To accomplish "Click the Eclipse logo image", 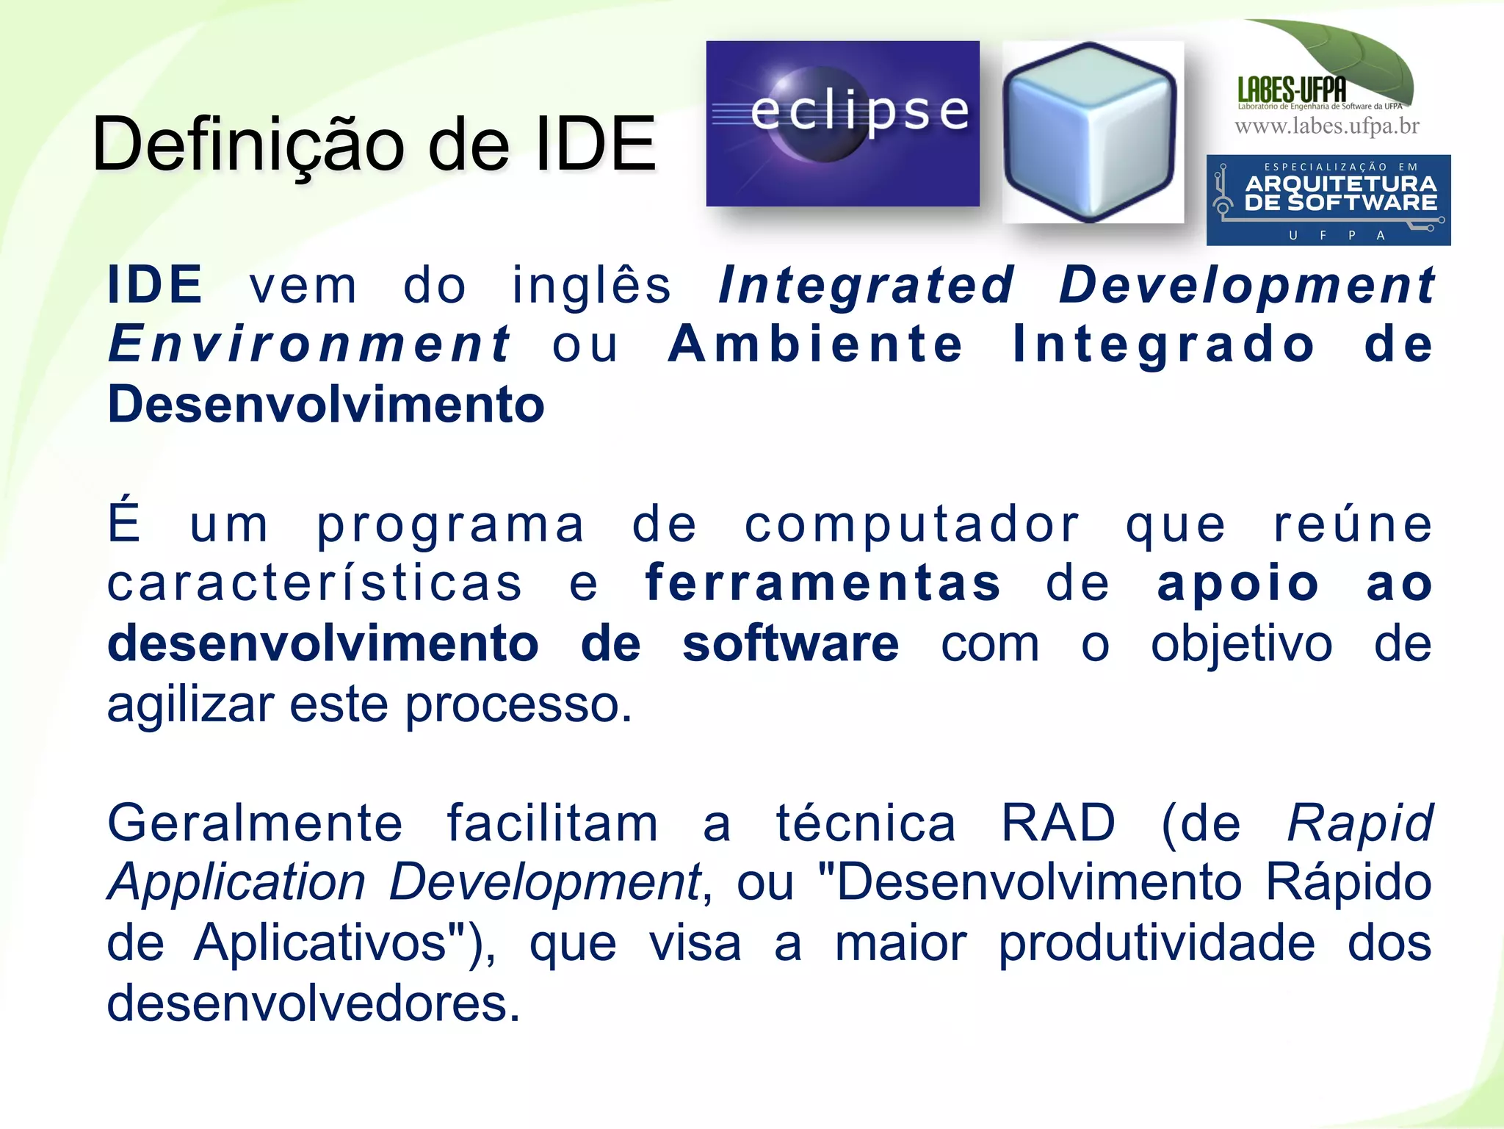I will [x=842, y=123].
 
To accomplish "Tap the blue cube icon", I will [x=1092, y=132].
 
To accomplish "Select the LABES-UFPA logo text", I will [x=1292, y=90].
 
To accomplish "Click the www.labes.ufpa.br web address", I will [x=1326, y=126].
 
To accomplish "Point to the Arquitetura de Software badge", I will [x=1328, y=200].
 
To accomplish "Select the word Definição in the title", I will [x=249, y=144].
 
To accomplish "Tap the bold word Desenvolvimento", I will [x=325, y=405].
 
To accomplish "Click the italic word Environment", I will [x=309, y=344].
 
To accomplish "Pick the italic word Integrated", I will [x=867, y=285].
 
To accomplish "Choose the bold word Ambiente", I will [x=815, y=344].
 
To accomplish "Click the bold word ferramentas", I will [x=822, y=583].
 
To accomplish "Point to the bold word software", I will [x=790, y=643].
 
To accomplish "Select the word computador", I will [x=912, y=524].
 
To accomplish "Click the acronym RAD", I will [x=1058, y=823].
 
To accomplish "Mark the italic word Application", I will [x=236, y=883].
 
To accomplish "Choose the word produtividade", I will [x=1157, y=942].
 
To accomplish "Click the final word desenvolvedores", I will [x=313, y=1003].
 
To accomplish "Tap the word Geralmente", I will [x=255, y=823].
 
